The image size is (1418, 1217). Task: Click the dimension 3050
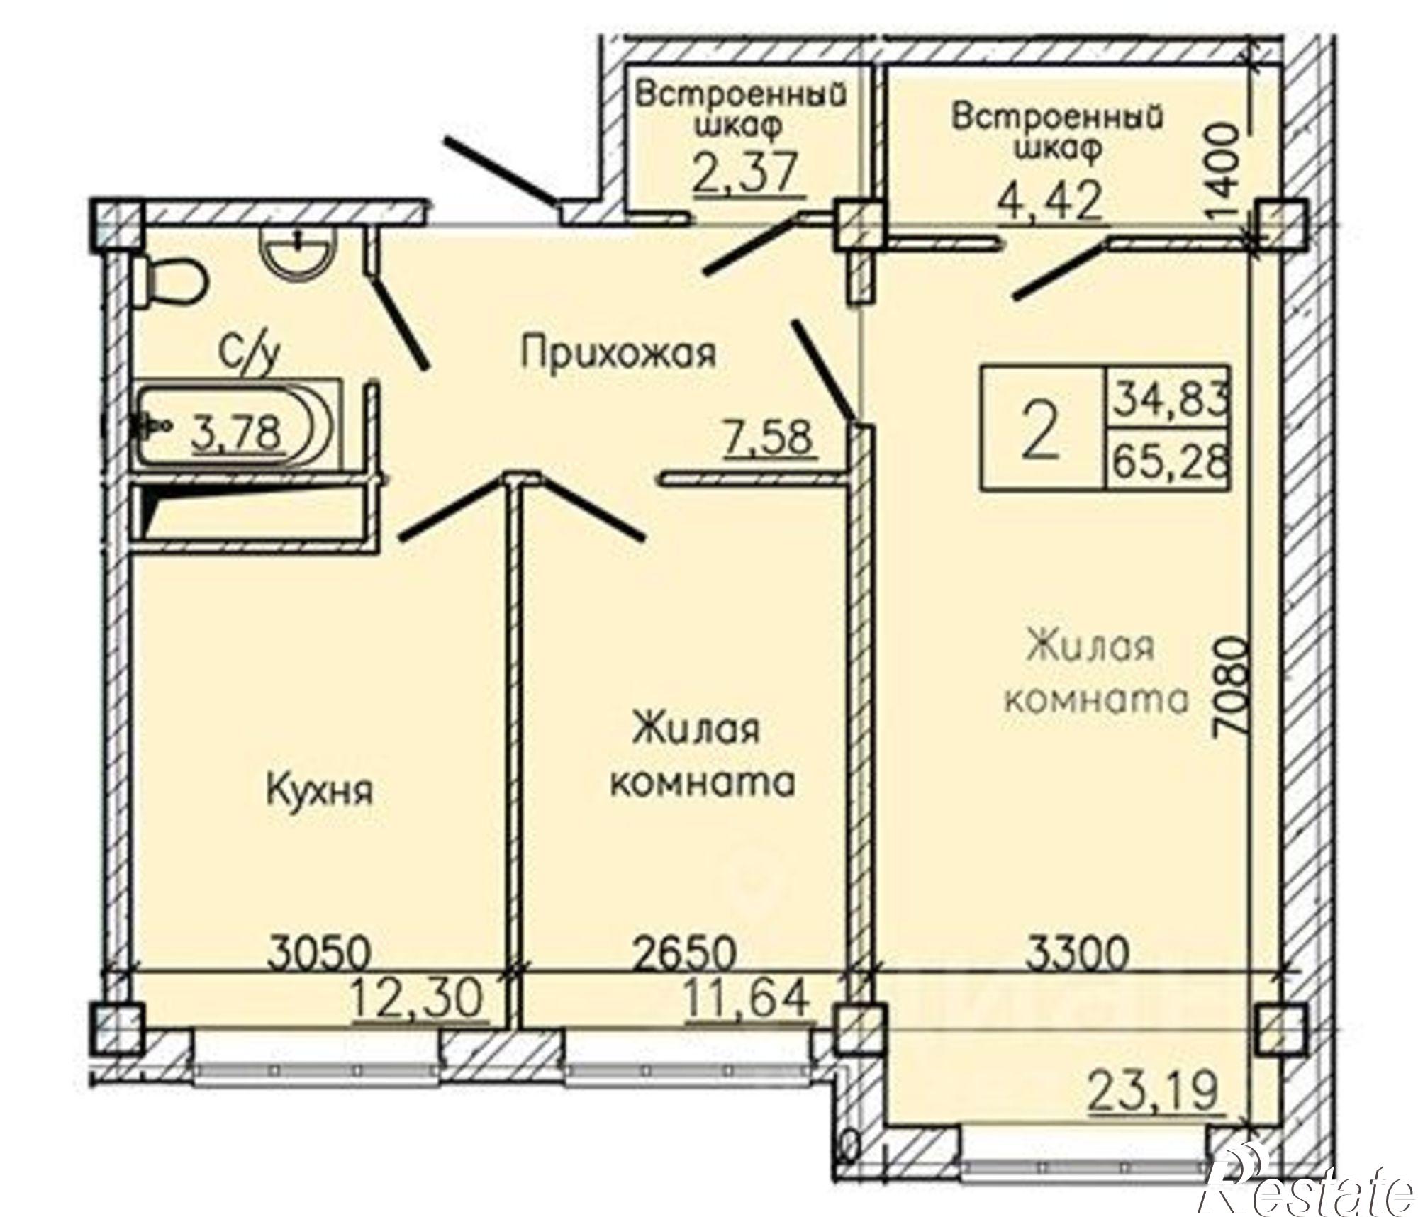click(320, 954)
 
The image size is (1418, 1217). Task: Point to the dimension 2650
click(683, 954)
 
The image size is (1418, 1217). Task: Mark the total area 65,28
click(1168, 464)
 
